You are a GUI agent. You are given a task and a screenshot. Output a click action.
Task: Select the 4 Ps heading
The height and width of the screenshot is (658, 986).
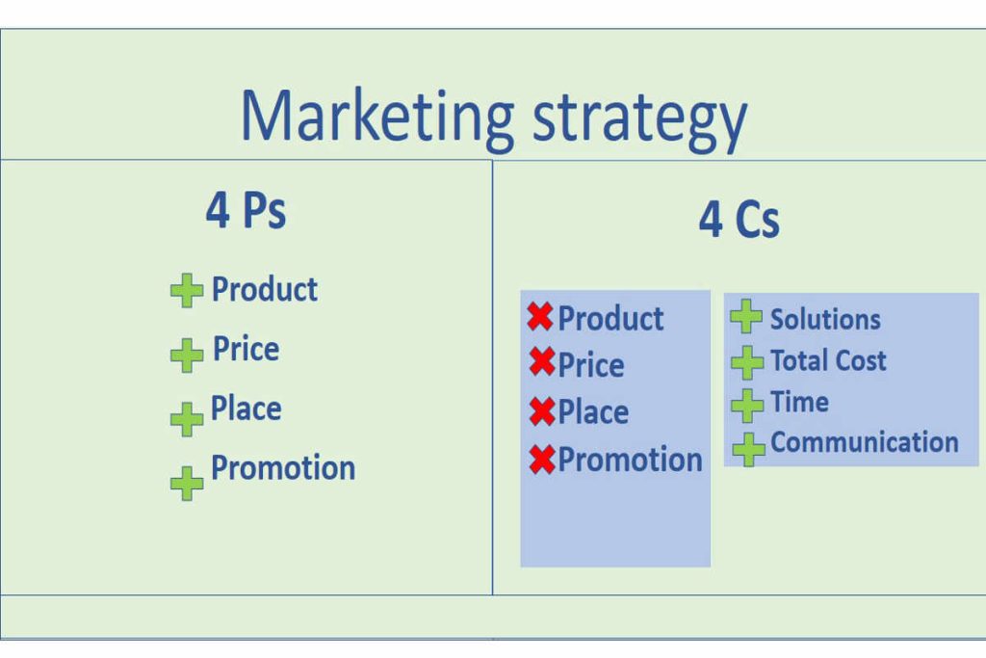246,209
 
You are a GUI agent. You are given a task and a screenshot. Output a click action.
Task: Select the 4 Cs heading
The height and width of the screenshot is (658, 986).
739,220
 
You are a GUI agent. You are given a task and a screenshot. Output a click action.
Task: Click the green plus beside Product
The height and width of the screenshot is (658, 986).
187,290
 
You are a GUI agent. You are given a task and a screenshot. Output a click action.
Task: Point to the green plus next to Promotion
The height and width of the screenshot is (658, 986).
187,483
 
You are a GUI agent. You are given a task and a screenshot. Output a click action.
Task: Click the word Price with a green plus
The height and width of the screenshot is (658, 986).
246,349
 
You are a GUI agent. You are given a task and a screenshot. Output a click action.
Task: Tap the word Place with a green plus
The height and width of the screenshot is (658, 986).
246,408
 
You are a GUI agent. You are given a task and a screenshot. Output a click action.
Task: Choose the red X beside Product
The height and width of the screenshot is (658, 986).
541,317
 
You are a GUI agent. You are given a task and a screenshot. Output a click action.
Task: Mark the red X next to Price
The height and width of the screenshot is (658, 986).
542,363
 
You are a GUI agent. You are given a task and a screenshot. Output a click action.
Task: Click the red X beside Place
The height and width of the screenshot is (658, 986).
542,411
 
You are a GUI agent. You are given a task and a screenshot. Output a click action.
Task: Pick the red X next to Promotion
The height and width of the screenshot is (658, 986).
542,460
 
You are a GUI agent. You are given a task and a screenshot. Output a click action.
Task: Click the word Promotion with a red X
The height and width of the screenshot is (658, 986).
630,460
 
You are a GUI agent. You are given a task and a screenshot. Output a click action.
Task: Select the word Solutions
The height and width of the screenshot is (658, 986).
825,319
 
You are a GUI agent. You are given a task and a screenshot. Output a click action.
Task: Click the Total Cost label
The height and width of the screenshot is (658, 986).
828,360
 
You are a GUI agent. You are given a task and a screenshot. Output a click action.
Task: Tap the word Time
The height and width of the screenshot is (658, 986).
799,402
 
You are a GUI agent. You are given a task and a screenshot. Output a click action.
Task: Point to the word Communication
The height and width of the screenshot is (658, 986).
864,442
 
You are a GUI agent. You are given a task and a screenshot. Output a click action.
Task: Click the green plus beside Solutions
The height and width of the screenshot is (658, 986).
746,317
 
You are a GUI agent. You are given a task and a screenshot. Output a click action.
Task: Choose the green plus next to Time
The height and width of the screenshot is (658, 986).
747,405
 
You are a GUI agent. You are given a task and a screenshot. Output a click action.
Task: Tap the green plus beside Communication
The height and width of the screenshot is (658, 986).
748,447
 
